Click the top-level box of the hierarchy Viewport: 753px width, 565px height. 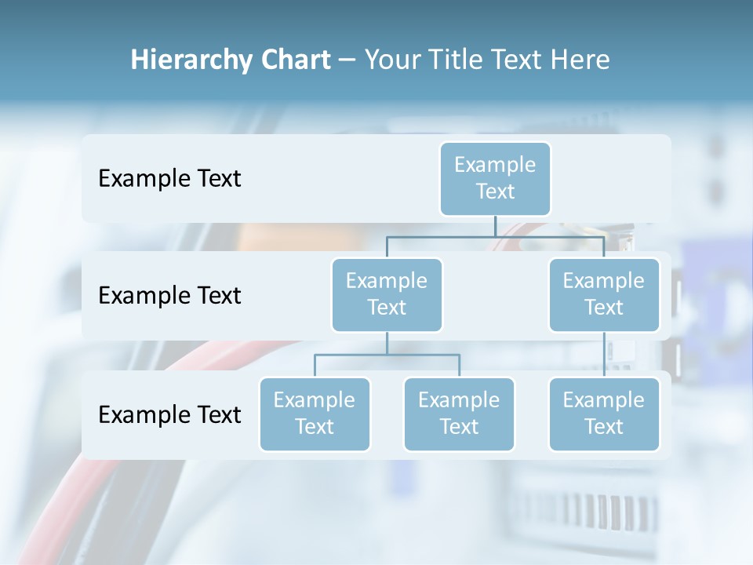(495, 178)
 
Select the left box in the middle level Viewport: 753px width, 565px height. (387, 294)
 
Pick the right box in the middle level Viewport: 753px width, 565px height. (604, 294)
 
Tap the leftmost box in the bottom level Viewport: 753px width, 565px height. (315, 414)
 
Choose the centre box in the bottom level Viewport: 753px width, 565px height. (459, 414)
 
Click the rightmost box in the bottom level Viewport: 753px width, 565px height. (604, 414)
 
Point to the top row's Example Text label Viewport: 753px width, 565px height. (169, 178)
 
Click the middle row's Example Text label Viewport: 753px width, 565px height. (169, 295)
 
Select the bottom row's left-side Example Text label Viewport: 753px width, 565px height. (169, 414)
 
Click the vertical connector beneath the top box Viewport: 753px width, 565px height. (495, 226)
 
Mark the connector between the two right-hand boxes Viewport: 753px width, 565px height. (604, 354)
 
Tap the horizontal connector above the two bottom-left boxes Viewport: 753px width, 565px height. (387, 355)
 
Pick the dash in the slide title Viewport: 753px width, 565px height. (347, 60)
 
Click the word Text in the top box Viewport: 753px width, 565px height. (495, 191)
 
